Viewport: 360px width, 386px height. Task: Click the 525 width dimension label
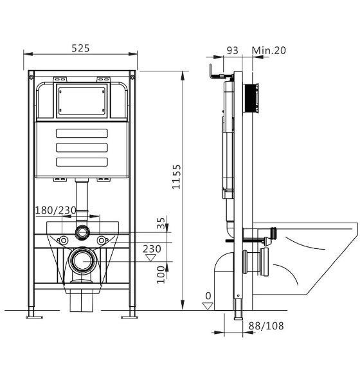point(80,48)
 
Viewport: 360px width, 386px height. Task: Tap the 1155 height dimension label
point(176,177)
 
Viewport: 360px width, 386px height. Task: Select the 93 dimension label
point(232,50)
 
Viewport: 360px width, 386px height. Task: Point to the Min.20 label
point(269,50)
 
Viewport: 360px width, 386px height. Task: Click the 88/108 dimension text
point(266,326)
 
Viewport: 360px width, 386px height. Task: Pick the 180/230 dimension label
point(56,210)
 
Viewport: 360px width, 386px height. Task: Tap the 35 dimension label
point(161,223)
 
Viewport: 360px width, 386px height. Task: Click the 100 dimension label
point(161,275)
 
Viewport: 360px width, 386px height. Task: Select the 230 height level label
point(152,249)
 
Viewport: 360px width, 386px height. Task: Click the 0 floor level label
point(208,296)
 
